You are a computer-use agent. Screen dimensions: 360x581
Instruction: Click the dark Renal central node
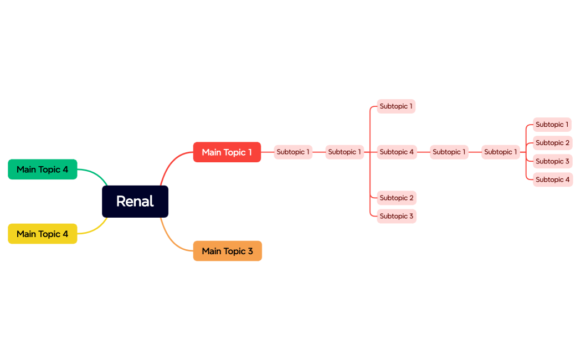(x=135, y=202)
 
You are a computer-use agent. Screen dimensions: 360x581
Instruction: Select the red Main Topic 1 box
(x=227, y=152)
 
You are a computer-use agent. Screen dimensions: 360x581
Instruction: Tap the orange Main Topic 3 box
(x=227, y=251)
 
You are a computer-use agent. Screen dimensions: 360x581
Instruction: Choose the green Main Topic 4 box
(x=43, y=169)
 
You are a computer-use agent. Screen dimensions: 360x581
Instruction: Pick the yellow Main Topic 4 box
(x=43, y=234)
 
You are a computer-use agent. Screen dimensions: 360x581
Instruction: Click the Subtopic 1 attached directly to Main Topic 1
(x=293, y=152)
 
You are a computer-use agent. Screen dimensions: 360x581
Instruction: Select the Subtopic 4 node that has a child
(x=397, y=152)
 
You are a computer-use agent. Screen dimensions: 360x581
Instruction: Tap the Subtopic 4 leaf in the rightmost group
(x=552, y=179)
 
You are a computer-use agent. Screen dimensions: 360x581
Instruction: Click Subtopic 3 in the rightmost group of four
(x=552, y=161)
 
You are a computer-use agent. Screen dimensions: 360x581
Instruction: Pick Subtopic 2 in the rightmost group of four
(x=552, y=143)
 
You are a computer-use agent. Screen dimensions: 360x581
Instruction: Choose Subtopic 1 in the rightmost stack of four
(x=552, y=125)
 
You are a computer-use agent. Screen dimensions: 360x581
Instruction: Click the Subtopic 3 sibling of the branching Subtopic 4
(x=397, y=216)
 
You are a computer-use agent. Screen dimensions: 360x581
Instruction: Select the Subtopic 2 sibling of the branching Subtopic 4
(x=397, y=198)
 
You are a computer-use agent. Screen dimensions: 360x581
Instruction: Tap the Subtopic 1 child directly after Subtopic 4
(x=449, y=152)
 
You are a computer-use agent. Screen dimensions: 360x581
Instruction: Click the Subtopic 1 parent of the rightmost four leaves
(x=501, y=152)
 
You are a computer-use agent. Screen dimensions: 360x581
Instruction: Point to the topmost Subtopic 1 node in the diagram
(x=396, y=106)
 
